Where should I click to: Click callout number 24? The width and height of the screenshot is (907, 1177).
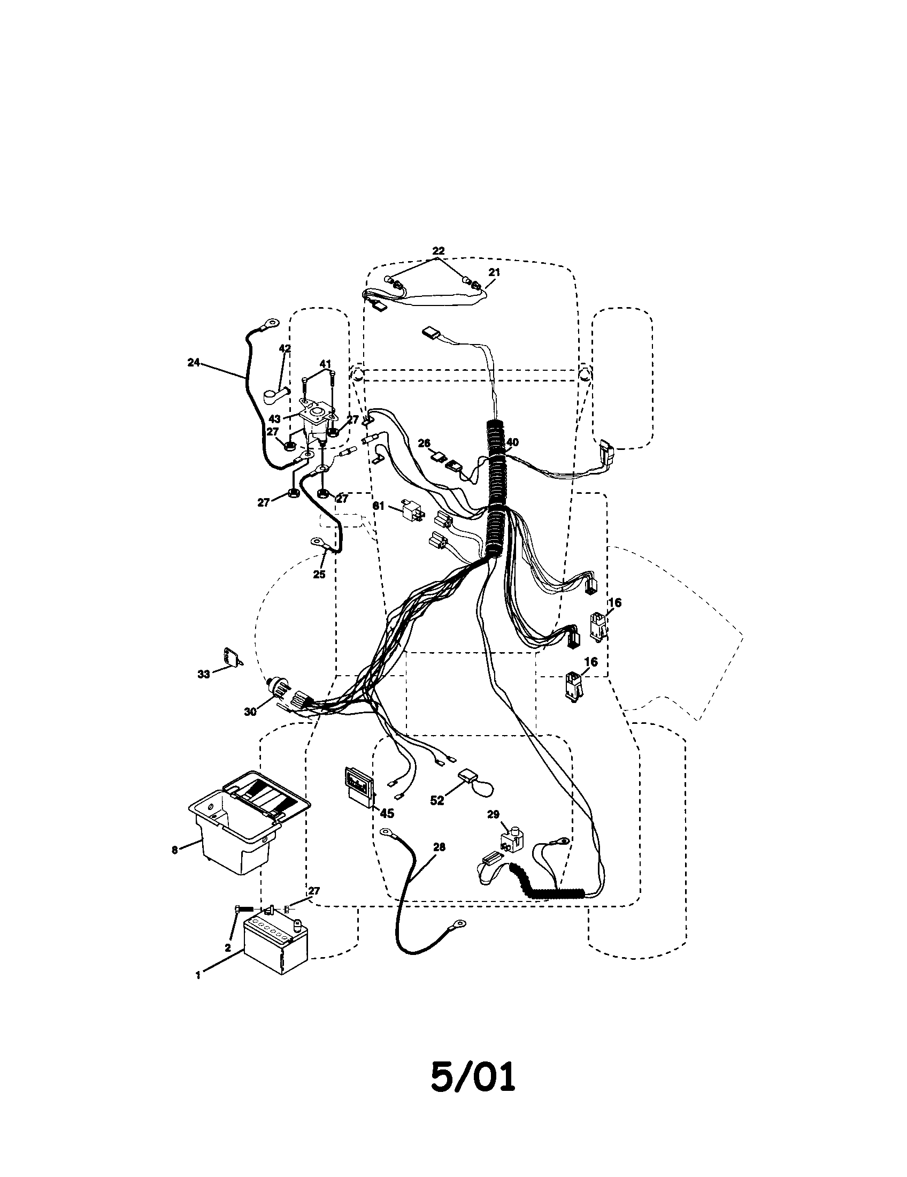point(194,363)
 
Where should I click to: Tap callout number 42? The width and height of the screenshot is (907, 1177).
point(285,349)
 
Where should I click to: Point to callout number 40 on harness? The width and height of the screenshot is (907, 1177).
point(512,442)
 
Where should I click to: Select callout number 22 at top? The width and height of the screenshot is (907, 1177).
point(439,250)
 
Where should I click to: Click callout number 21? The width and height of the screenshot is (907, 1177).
point(494,272)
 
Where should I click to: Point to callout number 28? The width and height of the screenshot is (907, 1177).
point(439,847)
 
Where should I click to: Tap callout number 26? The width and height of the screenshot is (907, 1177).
point(425,443)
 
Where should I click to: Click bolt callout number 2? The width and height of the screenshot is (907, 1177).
point(228,947)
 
